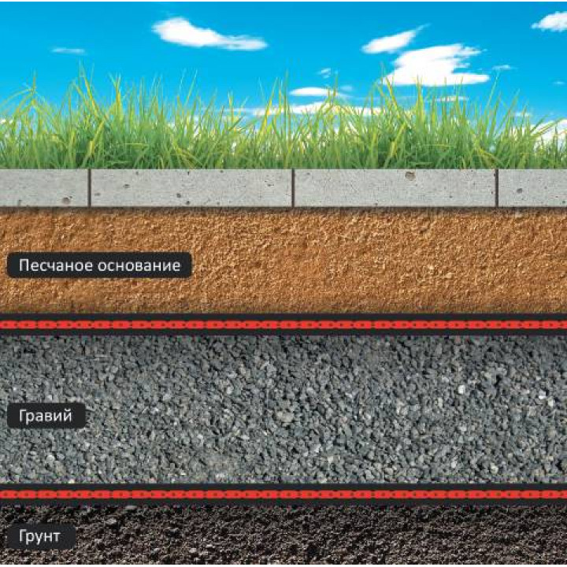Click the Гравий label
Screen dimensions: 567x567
46,416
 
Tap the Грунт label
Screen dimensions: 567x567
41,536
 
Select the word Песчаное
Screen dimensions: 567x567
56,265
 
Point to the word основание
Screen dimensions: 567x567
139,265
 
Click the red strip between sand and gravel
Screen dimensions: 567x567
283,324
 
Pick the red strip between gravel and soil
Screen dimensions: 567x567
283,494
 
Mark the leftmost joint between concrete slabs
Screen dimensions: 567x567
89,187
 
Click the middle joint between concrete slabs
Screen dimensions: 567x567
293,187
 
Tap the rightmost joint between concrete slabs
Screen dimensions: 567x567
497,187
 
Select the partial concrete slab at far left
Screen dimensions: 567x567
44,187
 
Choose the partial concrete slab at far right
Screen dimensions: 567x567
532,187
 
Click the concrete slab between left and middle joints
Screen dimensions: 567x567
191,187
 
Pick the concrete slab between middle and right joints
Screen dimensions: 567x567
395,187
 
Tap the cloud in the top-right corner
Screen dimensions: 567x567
550,21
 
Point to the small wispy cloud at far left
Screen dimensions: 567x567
69,50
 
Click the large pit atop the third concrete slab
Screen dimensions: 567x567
410,176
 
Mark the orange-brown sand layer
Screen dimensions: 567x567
283,261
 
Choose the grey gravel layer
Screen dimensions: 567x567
283,409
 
